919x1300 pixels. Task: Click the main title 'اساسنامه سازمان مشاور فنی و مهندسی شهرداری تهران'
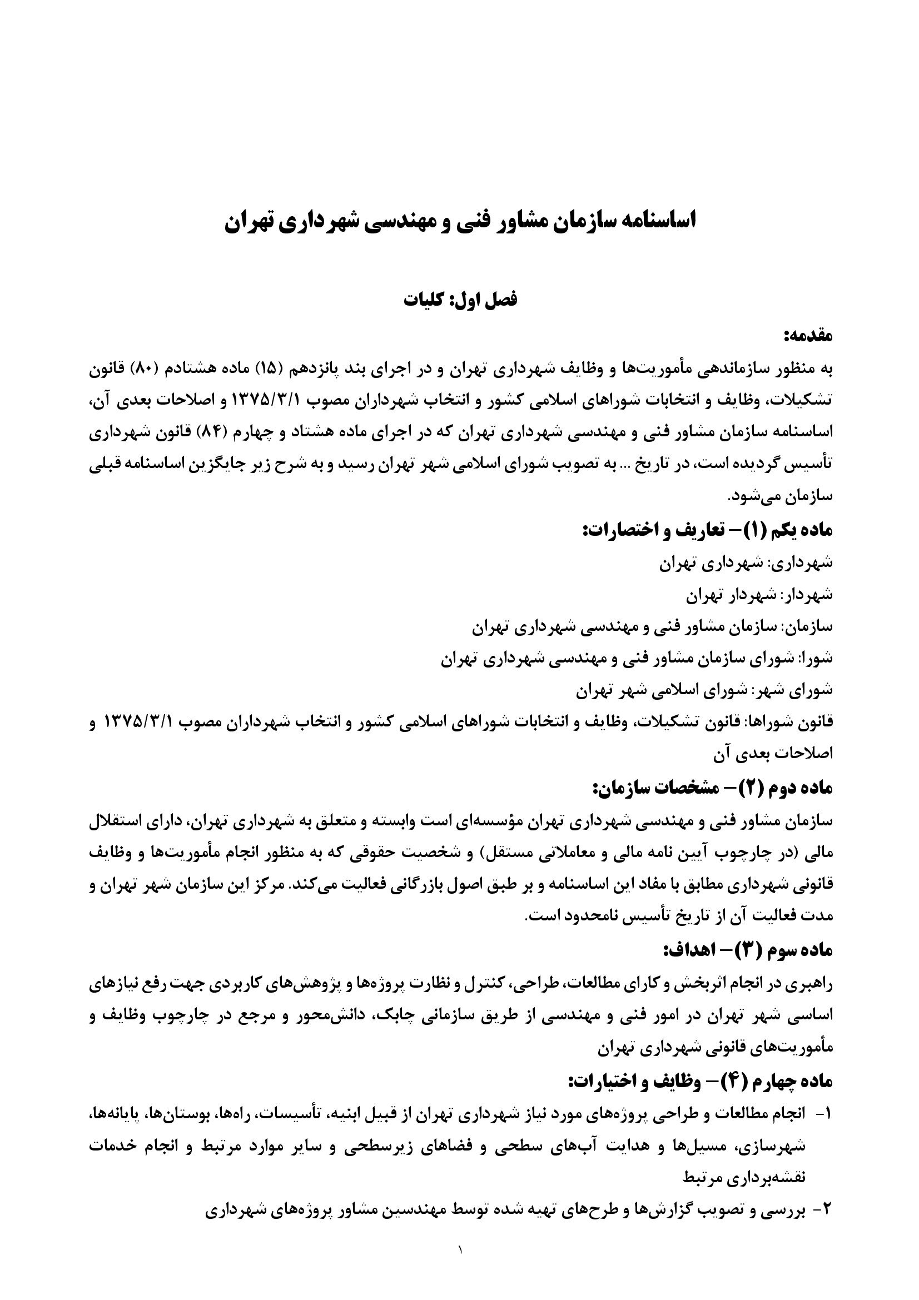pyautogui.click(x=460, y=221)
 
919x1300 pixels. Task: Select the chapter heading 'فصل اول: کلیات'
pyautogui.click(x=460, y=300)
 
